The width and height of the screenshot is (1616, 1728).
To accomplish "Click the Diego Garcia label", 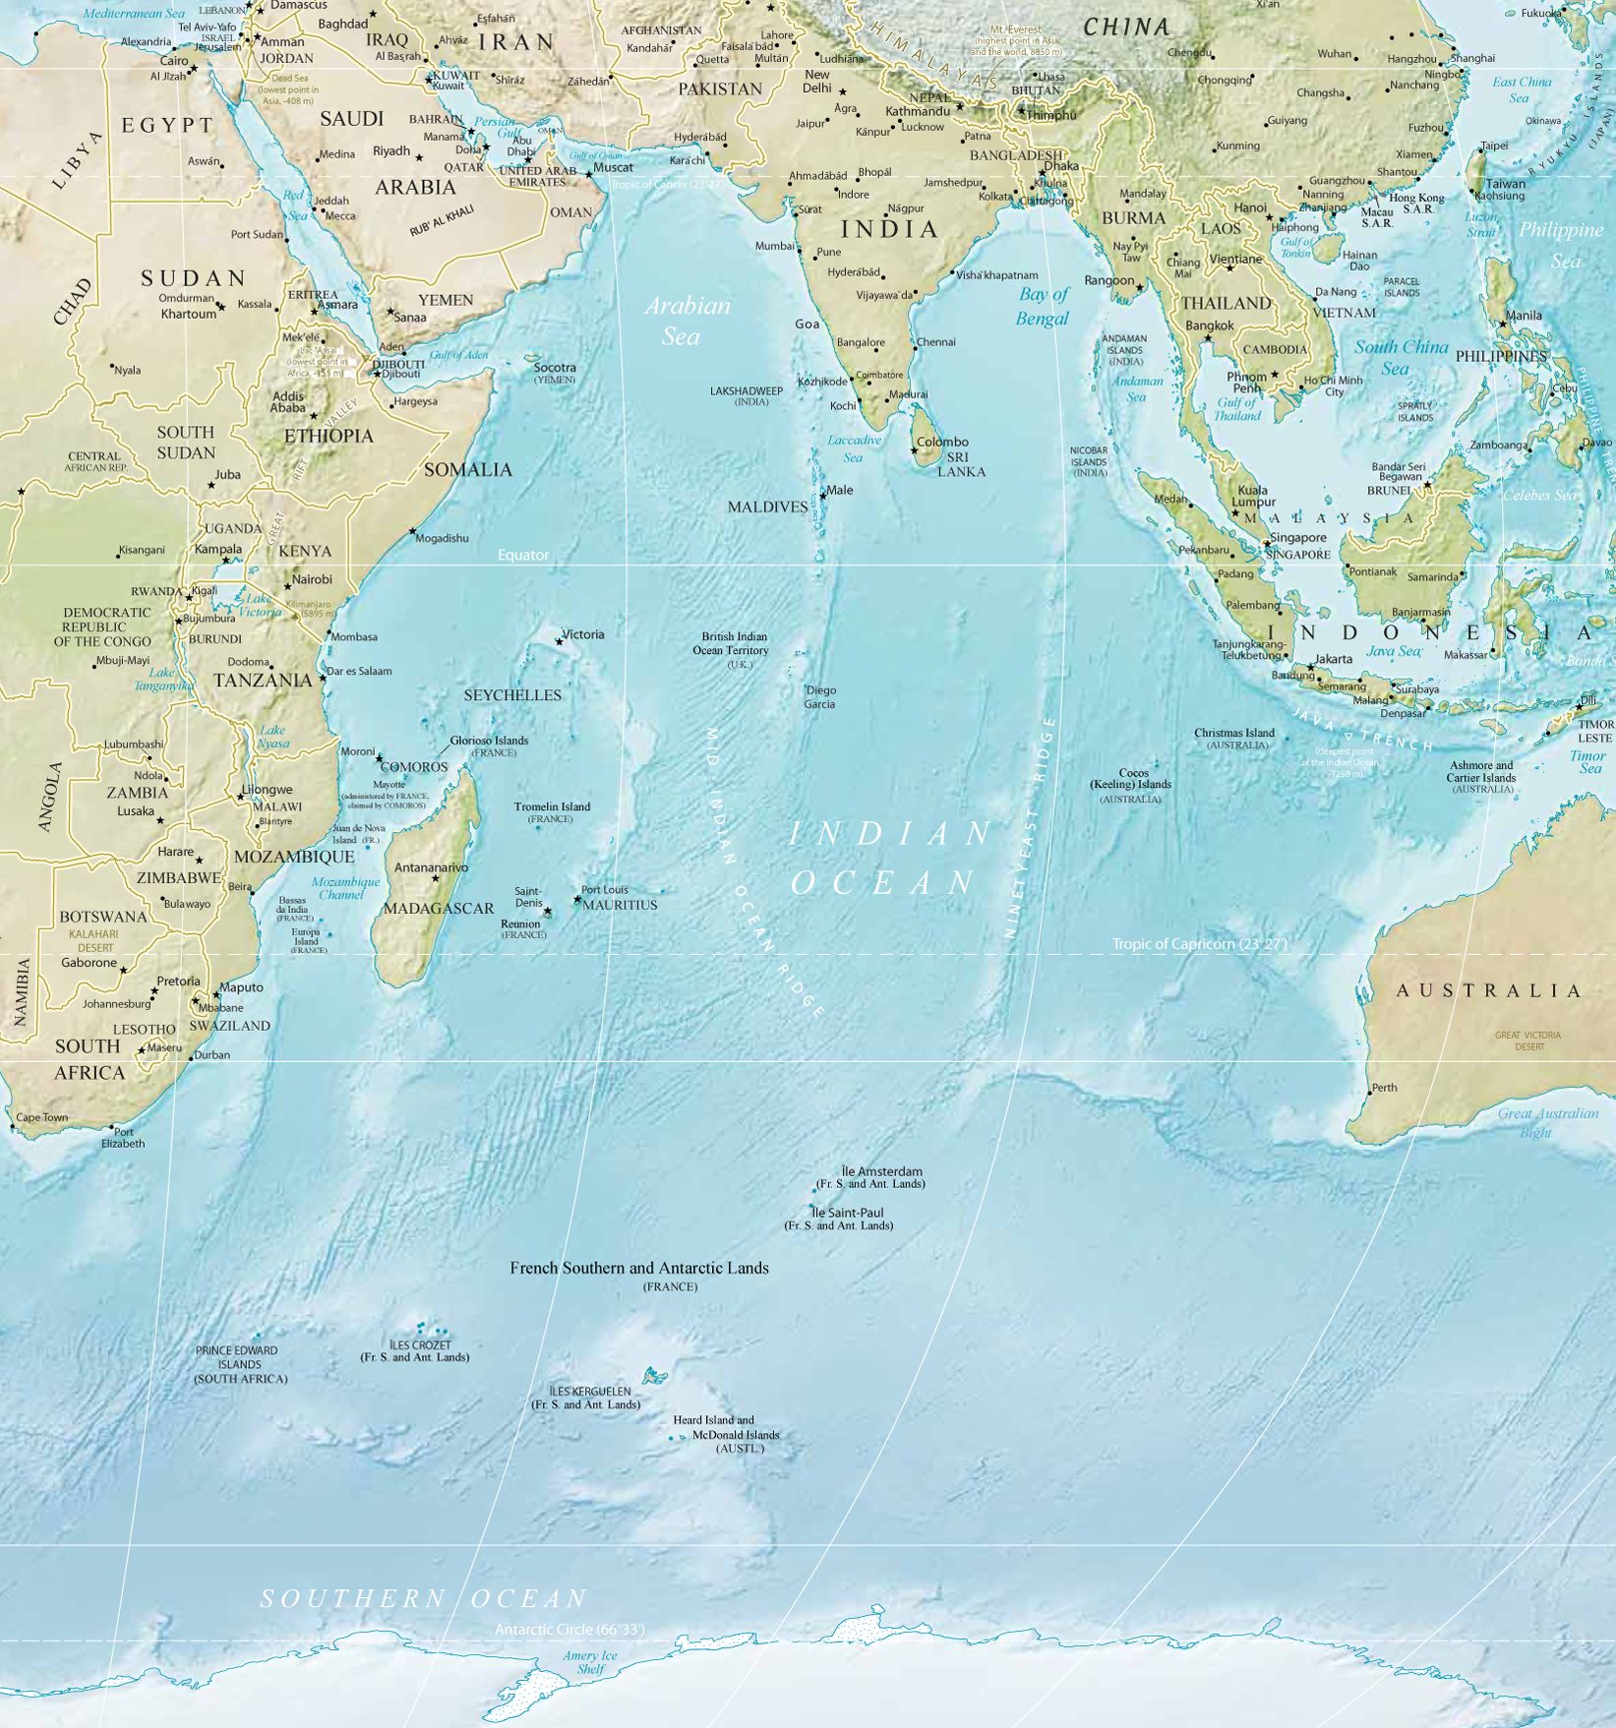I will coord(819,697).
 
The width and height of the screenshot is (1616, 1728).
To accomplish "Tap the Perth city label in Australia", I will coord(1384,1087).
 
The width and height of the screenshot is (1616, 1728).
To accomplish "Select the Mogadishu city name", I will coord(442,538).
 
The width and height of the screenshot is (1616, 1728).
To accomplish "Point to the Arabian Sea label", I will coord(686,321).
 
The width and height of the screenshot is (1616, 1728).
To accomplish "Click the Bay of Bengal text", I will coord(1043,306).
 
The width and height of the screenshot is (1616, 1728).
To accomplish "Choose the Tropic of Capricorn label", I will coord(1199,944).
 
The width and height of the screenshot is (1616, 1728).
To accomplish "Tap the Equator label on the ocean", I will coord(522,555).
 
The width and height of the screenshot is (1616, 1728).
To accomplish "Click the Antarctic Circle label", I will coord(569,1630).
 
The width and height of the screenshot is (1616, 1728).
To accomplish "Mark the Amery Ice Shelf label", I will coord(590,1662).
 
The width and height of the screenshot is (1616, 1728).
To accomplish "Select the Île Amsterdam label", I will coord(881,1171).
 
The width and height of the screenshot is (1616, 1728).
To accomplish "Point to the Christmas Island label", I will coord(1233,733).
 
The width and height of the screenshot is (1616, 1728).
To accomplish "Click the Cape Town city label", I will coord(42,1117).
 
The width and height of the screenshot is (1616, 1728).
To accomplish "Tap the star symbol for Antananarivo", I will coord(436,878).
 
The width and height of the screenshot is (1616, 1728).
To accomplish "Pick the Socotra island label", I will coord(555,368).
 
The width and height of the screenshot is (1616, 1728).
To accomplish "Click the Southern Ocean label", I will coord(423,1599).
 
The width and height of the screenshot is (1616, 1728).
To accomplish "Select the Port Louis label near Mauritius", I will coord(604,890).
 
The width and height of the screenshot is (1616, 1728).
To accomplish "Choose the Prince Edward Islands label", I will coord(240,1364).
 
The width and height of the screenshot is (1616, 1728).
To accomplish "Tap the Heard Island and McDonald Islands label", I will coord(726,1434).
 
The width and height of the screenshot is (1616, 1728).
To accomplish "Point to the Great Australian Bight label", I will coord(1547,1122).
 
